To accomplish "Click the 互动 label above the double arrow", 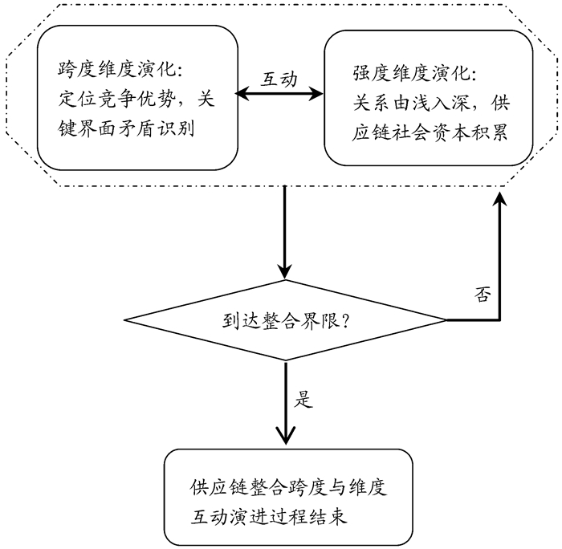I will click(279, 79).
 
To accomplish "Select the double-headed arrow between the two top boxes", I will click(279, 96).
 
